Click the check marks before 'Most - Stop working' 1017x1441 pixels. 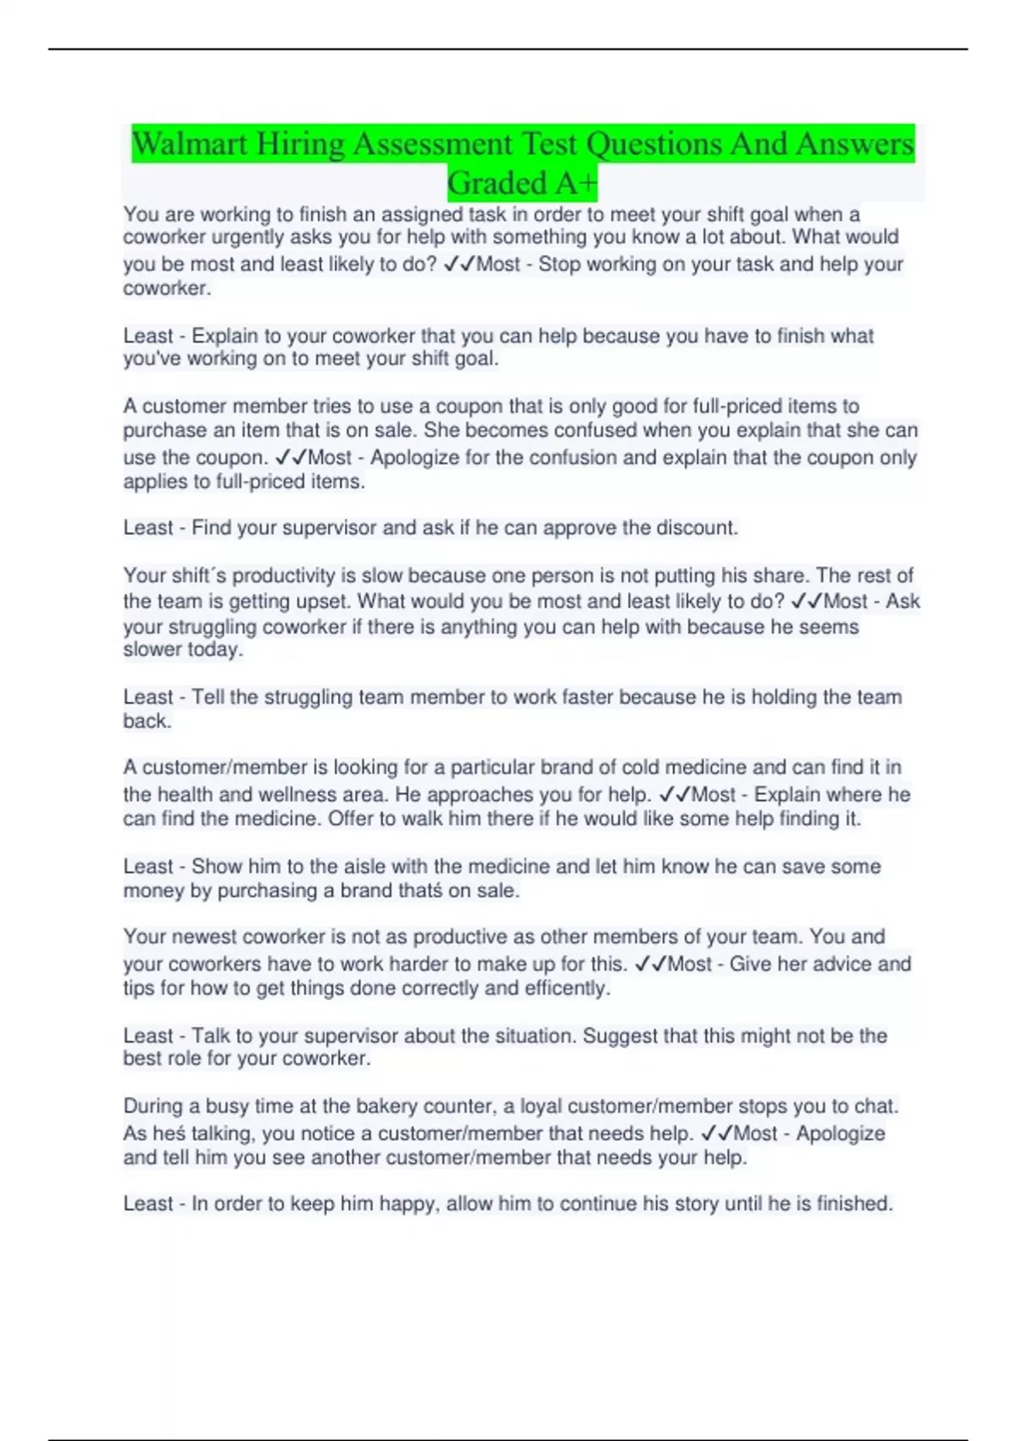point(458,264)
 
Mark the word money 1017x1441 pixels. point(149,891)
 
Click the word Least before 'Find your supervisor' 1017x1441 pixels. point(148,528)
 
